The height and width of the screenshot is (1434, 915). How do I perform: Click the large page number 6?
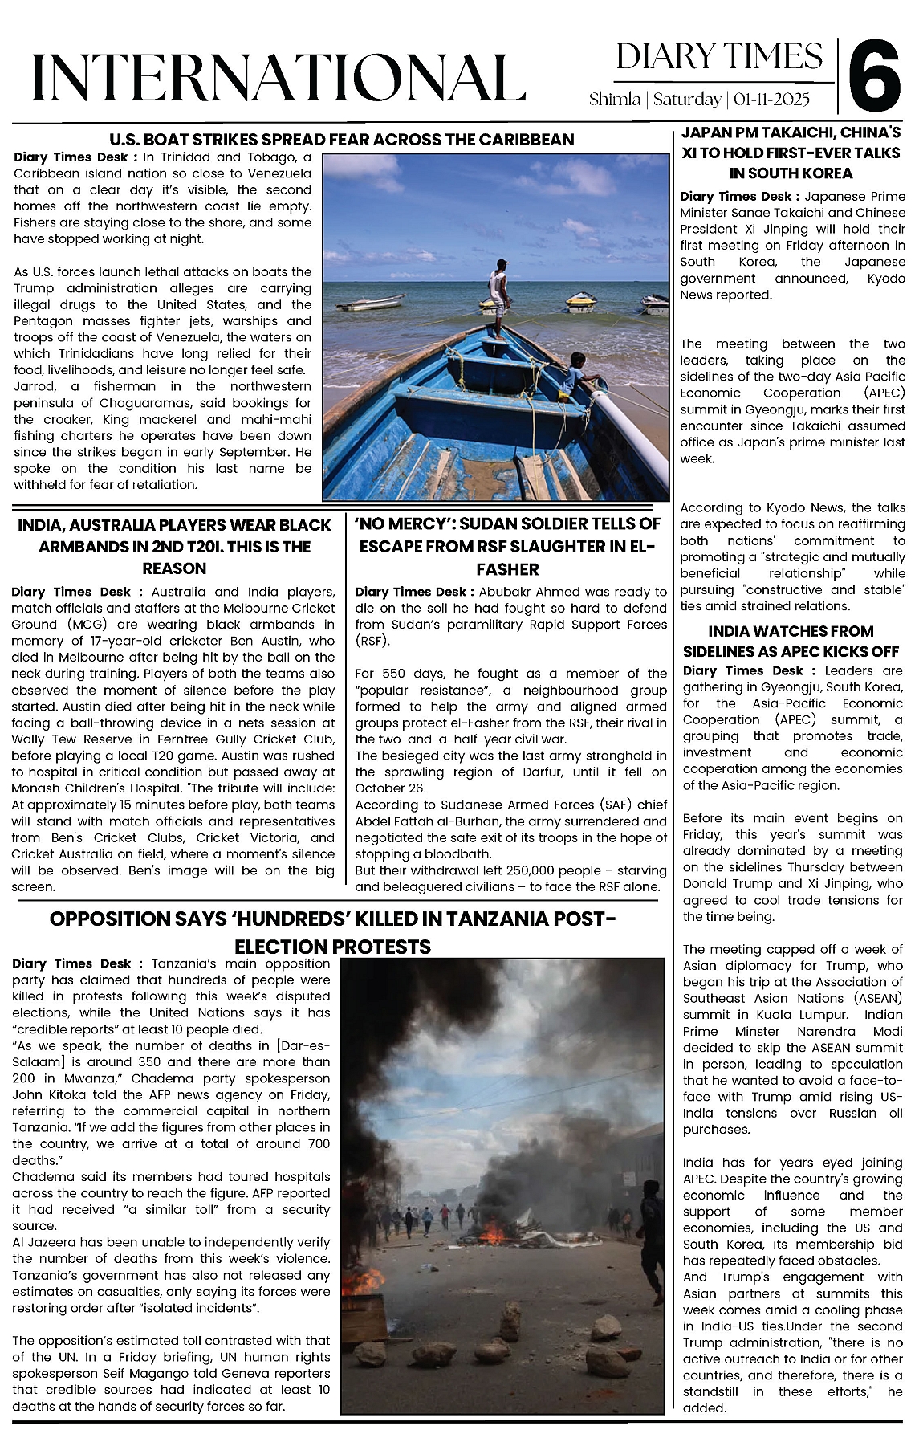(876, 77)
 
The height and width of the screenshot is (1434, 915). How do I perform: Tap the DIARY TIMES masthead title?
(719, 57)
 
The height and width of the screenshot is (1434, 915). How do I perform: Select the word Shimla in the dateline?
(614, 100)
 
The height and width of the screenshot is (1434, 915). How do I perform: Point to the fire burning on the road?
(491, 1232)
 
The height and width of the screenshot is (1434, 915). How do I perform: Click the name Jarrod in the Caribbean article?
(35, 386)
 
